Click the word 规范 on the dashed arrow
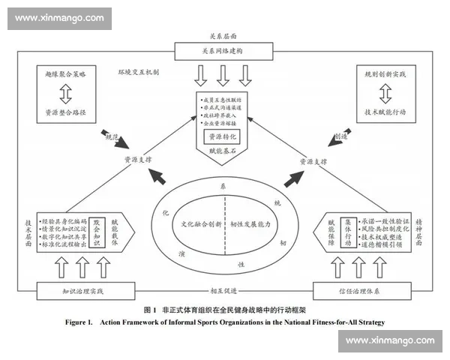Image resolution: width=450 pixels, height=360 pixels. (110, 136)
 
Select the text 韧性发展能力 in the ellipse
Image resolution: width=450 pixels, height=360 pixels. (250, 224)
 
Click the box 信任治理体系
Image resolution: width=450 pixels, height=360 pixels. (367, 289)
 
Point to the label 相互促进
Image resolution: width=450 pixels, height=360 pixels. (224, 290)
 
